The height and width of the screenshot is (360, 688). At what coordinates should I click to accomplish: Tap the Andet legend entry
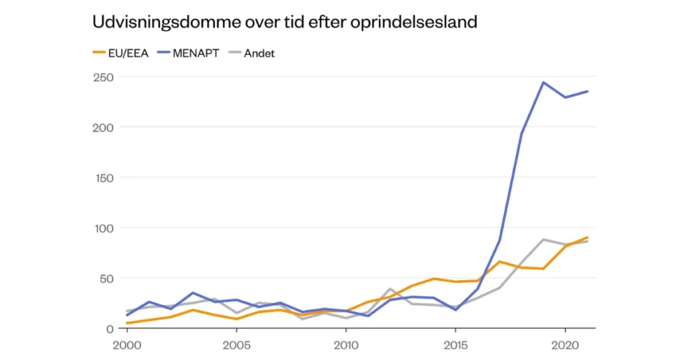click(258, 53)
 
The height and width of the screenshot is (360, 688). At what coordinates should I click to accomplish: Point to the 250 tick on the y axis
click(103, 77)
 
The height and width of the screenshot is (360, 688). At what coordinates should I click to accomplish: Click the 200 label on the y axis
click(103, 128)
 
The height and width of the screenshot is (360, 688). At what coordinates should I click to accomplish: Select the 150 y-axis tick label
click(103, 177)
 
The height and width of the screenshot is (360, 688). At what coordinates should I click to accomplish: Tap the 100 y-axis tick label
click(103, 228)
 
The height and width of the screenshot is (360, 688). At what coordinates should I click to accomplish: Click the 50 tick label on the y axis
click(106, 278)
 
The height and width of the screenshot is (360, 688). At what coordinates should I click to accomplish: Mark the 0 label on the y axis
click(109, 328)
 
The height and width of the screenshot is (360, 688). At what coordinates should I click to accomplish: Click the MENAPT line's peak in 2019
click(543, 83)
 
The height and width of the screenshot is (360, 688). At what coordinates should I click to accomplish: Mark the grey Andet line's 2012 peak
click(390, 289)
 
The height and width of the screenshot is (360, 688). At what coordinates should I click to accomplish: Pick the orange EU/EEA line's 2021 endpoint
click(587, 238)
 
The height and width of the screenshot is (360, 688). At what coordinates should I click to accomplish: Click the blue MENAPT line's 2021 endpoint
click(587, 92)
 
